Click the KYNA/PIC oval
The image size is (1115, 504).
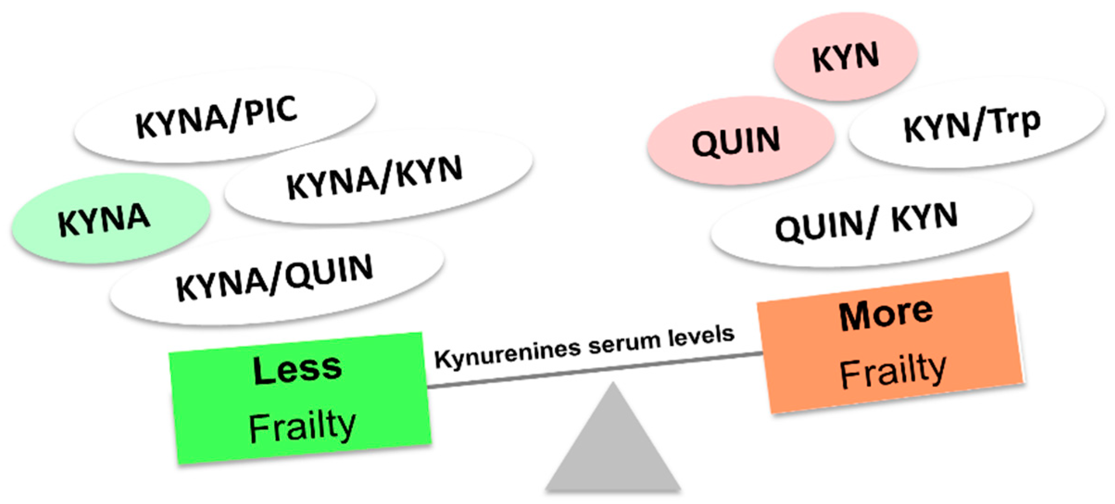tap(225, 116)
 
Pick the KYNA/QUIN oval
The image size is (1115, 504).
tap(277, 278)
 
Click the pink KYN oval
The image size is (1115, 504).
tap(846, 56)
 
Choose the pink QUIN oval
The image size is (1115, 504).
tap(740, 141)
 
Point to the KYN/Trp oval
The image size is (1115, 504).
tap(976, 123)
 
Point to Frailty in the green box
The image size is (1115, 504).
tap(302, 427)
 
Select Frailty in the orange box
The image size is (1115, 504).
tap(893, 371)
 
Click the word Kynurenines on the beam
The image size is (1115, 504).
tap(507, 356)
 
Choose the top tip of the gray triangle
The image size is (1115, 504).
tap(613, 384)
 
